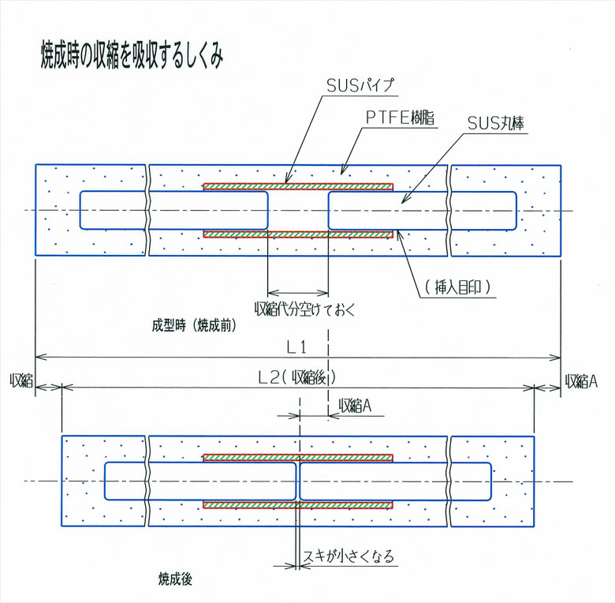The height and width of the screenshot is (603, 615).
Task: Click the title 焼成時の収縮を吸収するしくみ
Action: pos(133,54)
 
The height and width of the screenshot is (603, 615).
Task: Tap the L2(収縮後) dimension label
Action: pos(297,377)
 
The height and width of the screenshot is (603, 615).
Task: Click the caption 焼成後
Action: pos(174,579)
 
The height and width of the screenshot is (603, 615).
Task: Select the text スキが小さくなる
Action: pos(348,557)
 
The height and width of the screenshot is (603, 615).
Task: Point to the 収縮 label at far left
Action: pos(20,380)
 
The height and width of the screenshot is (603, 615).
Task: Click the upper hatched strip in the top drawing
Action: pos(298,187)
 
